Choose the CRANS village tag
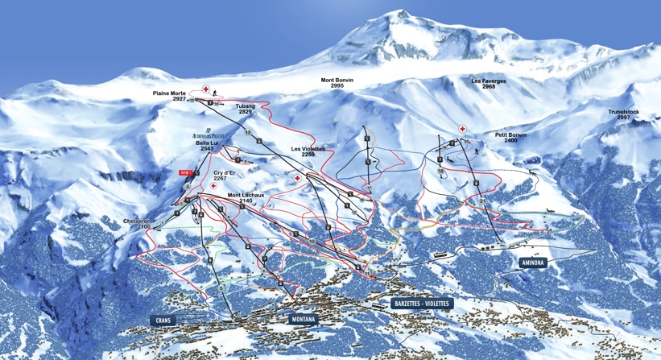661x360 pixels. [x=163, y=321]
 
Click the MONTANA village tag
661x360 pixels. [x=303, y=320]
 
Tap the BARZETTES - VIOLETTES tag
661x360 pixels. [x=422, y=304]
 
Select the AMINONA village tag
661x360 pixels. [x=532, y=263]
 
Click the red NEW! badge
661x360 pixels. [x=186, y=172]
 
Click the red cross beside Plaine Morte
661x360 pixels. [x=206, y=89]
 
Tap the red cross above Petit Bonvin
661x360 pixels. [x=463, y=129]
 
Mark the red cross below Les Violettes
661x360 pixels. [x=298, y=178]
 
